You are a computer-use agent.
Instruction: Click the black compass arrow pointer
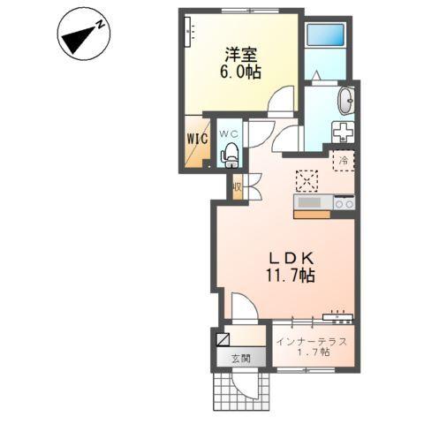[78, 40]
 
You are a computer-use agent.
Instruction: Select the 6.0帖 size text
[240, 72]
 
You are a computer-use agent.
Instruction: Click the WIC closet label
[198, 139]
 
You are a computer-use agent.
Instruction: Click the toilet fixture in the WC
[230, 155]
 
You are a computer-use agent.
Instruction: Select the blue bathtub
[325, 34]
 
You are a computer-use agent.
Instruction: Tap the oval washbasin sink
[345, 101]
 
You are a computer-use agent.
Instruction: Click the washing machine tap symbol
[343, 132]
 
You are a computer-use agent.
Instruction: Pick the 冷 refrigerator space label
[344, 161]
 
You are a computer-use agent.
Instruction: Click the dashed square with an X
[307, 181]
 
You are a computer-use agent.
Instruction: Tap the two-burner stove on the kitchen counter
[344, 203]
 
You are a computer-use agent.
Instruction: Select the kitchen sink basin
[309, 202]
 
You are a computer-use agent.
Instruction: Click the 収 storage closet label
[237, 187]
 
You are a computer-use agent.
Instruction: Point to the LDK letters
[291, 259]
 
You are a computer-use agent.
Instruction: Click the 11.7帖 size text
[291, 276]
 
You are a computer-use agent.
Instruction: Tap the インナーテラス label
[312, 342]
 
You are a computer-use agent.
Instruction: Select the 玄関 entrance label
[240, 359]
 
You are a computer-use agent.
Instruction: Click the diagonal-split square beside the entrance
[223, 339]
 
